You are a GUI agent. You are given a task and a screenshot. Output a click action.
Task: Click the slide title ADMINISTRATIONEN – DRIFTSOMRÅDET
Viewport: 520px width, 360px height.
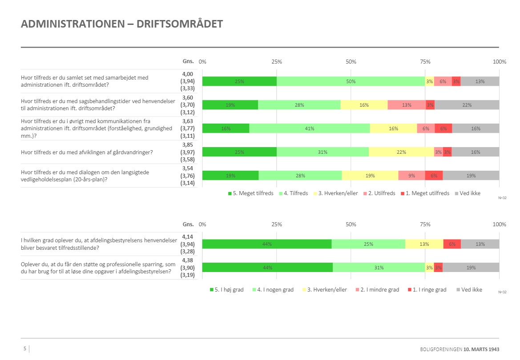click(x=121, y=24)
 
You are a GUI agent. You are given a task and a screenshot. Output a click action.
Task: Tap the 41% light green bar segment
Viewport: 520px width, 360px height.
click(x=310, y=128)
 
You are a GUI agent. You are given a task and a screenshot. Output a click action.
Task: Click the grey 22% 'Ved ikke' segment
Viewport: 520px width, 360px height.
click(x=467, y=105)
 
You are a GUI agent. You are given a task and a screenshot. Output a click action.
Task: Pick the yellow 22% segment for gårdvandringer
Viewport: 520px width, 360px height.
click(x=401, y=152)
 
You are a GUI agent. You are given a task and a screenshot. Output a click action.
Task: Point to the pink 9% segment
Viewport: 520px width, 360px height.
click(x=411, y=176)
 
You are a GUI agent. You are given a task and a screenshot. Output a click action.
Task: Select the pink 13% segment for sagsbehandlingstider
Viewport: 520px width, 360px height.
click(x=407, y=105)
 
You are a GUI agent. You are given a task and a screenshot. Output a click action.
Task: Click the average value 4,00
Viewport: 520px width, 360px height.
click(x=187, y=74)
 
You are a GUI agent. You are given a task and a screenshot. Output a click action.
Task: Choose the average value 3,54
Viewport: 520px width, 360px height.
click(x=187, y=168)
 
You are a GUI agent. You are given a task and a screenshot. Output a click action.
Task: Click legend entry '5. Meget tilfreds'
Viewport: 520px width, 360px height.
click(x=250, y=193)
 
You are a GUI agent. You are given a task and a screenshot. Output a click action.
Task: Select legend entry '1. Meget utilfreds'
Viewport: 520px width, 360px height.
click(x=425, y=193)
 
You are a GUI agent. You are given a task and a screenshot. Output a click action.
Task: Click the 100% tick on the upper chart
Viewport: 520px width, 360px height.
click(x=500, y=62)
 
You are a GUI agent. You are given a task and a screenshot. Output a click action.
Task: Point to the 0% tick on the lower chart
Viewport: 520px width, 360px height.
click(x=202, y=225)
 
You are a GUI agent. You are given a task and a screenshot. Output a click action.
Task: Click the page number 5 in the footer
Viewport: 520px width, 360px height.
click(x=25, y=349)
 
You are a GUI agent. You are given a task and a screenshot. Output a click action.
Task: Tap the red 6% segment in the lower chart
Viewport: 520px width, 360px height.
click(x=452, y=244)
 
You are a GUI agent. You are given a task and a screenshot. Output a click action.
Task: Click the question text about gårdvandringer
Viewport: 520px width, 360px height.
click(x=87, y=152)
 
